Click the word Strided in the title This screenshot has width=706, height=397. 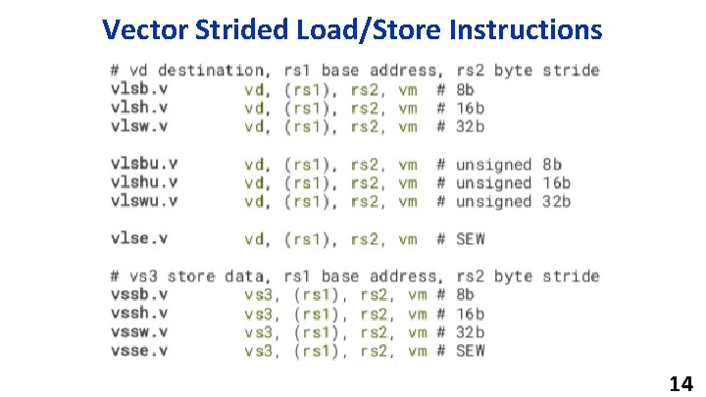[x=247, y=29]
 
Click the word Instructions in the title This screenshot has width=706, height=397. [x=525, y=29]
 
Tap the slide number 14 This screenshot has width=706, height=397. [x=681, y=383]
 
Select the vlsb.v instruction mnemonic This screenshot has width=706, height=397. [x=138, y=89]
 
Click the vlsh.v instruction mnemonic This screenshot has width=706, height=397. [x=138, y=108]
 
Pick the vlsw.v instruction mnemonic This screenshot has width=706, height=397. [x=138, y=126]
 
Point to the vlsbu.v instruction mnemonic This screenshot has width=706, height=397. [x=143, y=164]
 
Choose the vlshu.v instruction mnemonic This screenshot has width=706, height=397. [x=143, y=182]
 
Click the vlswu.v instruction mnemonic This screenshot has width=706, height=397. [x=143, y=201]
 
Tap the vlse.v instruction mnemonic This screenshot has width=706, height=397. [x=138, y=238]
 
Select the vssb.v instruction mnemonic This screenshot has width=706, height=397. [x=138, y=294]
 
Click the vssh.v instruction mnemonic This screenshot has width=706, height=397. [x=138, y=313]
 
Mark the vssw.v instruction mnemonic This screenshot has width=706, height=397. [x=138, y=331]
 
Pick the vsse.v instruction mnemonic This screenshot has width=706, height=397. [x=138, y=350]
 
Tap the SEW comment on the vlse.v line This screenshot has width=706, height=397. [x=471, y=239]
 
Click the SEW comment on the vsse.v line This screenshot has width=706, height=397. [x=471, y=350]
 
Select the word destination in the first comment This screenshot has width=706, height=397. [x=211, y=71]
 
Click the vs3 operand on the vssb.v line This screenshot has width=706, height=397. [x=260, y=294]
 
